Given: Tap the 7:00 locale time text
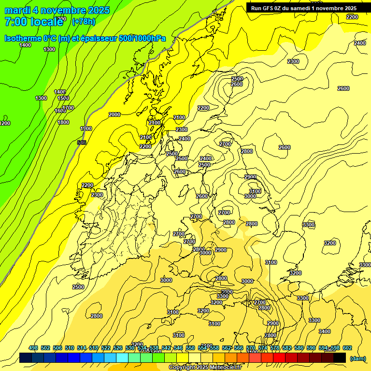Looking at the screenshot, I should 34,22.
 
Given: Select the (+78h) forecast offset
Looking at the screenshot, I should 84,22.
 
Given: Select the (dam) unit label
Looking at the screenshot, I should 357,358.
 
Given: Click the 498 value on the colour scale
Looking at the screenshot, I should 33,348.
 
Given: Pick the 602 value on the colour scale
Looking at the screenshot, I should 347,348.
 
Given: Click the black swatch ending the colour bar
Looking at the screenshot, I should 340,357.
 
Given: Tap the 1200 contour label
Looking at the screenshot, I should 5,123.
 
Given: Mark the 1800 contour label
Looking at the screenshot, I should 63,122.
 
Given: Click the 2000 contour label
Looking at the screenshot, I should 114,114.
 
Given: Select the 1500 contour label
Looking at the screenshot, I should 63,98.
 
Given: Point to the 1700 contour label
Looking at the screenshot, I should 68,108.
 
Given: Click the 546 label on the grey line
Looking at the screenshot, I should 82,143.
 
